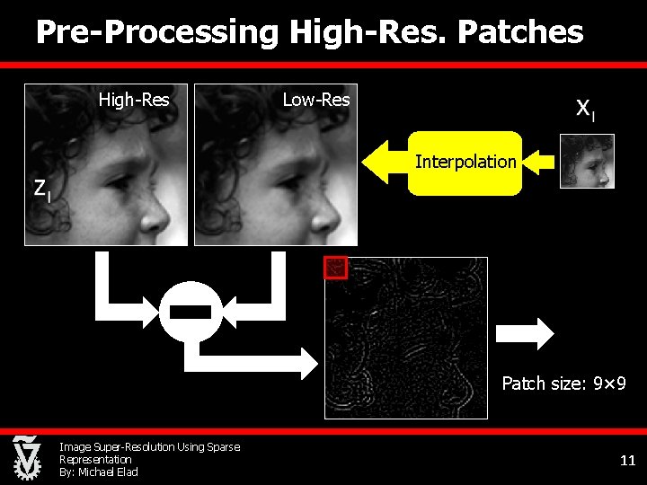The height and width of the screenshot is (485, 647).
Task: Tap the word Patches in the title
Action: coord(520,32)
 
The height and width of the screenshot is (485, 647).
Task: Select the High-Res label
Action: coord(134,100)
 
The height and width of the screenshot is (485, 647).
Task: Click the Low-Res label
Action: coord(316,100)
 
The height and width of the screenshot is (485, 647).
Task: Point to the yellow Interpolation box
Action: coord(465,163)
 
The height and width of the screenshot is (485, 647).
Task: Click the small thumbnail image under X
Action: coord(587,161)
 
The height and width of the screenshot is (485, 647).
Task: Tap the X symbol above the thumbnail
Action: coord(583,109)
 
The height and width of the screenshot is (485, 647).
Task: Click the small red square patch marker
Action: coord(335,267)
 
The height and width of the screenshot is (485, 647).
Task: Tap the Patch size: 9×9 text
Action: coord(563,384)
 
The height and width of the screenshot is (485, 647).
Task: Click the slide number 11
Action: coord(627,461)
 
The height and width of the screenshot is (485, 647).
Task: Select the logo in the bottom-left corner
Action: coord(26,457)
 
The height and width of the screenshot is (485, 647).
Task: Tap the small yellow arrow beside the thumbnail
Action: coord(538,162)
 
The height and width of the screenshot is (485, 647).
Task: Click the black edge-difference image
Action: coord(405,338)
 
